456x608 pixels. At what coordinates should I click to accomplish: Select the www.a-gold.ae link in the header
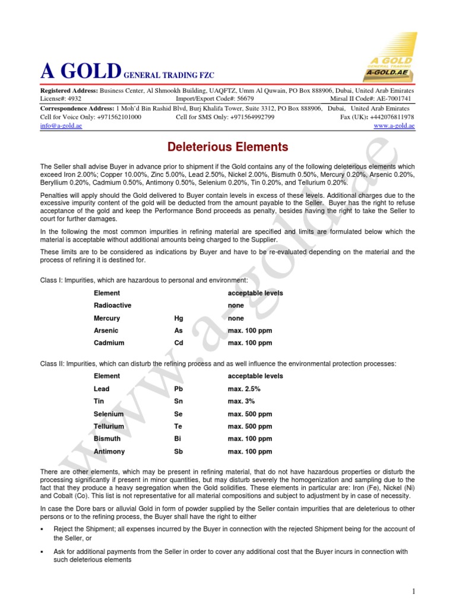click(x=394, y=126)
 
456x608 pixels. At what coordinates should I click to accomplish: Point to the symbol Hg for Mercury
click(x=179, y=318)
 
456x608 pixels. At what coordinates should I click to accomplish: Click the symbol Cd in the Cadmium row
click(x=179, y=343)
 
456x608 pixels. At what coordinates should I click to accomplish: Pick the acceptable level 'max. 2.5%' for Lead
click(x=244, y=389)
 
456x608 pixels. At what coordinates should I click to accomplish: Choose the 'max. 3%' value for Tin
click(x=241, y=401)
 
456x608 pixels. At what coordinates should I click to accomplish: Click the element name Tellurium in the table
click(x=109, y=426)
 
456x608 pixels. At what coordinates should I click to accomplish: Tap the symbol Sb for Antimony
click(x=179, y=452)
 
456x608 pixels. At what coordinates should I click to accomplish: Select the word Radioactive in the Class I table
click(x=112, y=305)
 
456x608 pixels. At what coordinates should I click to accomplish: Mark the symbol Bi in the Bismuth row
click(x=178, y=439)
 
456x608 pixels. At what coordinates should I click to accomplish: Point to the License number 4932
click(x=74, y=99)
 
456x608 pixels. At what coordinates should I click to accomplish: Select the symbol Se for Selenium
click(x=179, y=414)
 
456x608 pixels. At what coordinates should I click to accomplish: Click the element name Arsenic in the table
click(x=106, y=331)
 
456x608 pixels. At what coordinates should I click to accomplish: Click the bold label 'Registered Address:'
click(x=68, y=90)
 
